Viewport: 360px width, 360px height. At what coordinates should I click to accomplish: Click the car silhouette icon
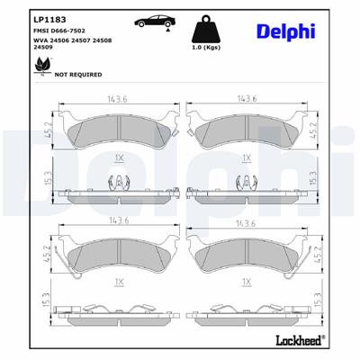pyautogui.click(x=151, y=22)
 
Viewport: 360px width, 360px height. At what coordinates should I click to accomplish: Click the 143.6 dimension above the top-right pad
pyautogui.click(x=247, y=102)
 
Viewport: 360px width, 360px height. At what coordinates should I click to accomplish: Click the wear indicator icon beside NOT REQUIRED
pyautogui.click(x=40, y=75)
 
